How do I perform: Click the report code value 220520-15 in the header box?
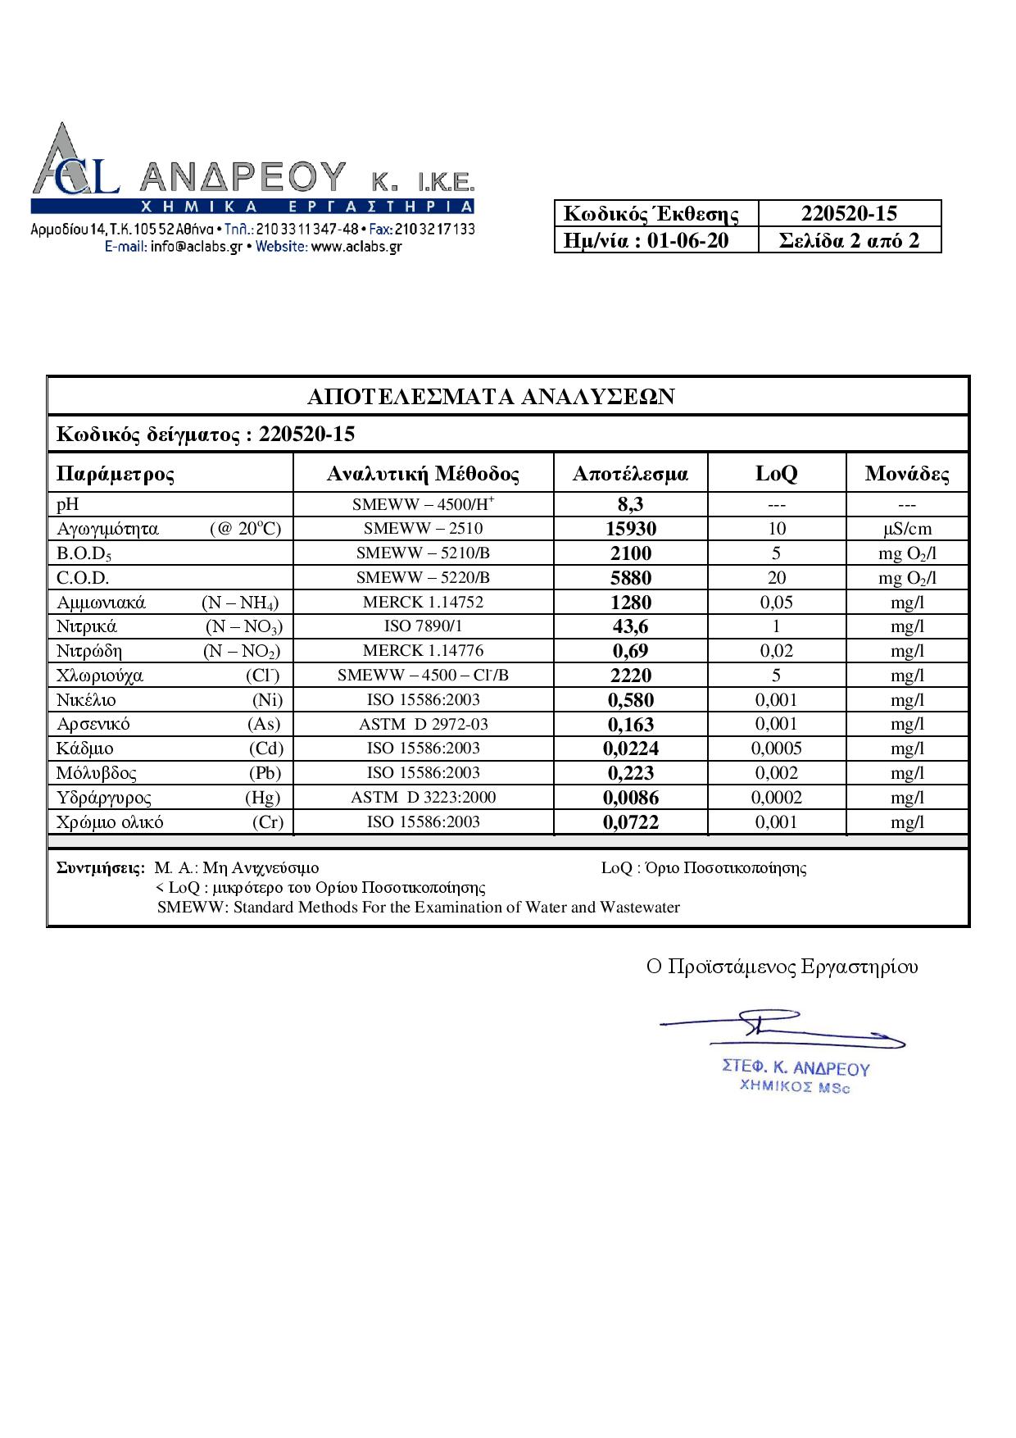click(x=849, y=214)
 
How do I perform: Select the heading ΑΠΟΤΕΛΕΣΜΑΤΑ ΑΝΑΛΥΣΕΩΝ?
click(x=491, y=397)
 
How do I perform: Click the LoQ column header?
click(x=776, y=474)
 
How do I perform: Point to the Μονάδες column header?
click(x=907, y=474)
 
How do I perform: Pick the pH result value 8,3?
click(x=630, y=505)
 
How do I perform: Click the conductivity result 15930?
click(x=630, y=529)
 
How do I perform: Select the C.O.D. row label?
click(x=83, y=578)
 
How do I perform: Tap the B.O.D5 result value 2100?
click(x=630, y=553)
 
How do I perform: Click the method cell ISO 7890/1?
click(x=423, y=626)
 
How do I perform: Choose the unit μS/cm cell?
click(x=907, y=529)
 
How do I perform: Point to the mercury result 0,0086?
click(x=630, y=798)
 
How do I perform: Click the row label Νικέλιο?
click(x=86, y=700)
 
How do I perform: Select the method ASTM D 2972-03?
click(x=423, y=724)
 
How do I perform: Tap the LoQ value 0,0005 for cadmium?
click(x=776, y=749)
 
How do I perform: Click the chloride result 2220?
click(x=630, y=676)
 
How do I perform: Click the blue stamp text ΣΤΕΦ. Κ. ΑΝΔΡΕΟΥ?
click(x=796, y=1067)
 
